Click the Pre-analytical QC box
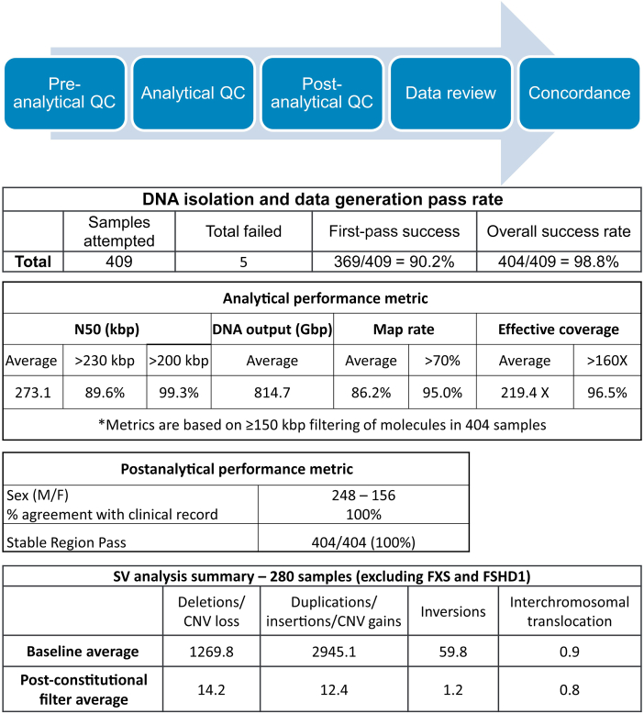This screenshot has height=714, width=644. [65, 93]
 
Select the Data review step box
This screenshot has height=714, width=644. [450, 93]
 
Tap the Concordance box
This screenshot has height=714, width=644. [578, 93]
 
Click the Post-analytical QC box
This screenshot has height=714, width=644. [321, 93]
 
